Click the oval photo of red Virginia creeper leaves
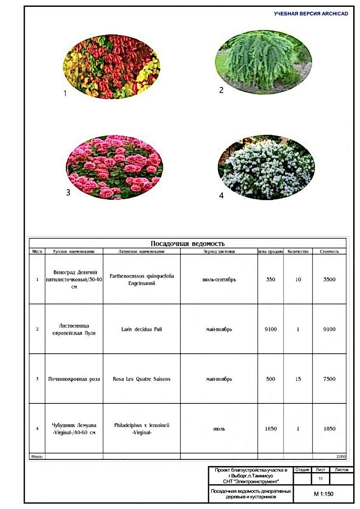click(111, 67)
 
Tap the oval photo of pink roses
click(115, 168)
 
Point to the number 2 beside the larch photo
click(221, 90)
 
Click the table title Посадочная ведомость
click(188, 243)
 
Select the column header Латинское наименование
click(141, 252)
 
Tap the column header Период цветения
click(219, 252)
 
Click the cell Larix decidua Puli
click(141, 329)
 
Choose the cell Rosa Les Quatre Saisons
click(141, 379)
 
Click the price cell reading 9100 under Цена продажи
click(270, 329)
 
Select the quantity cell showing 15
click(298, 379)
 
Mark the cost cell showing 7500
click(329, 379)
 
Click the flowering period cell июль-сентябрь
click(219, 280)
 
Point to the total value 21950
click(341, 456)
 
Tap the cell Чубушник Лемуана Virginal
click(74, 428)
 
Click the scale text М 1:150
click(323, 494)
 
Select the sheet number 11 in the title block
click(321, 478)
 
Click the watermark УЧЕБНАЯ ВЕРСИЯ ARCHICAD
click(311, 14)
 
